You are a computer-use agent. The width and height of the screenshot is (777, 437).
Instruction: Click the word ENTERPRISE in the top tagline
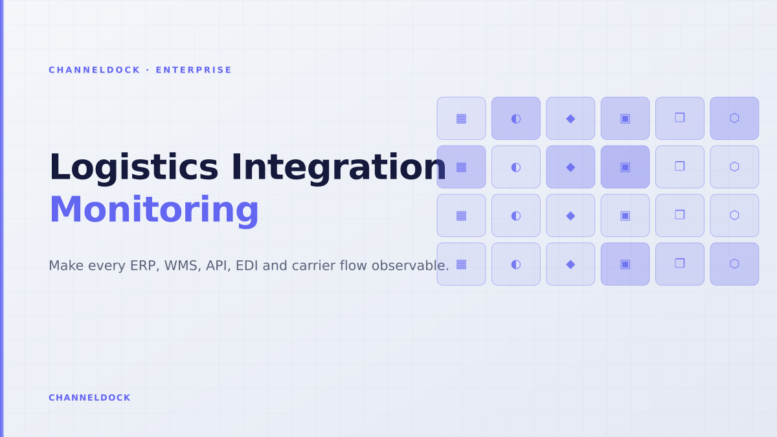point(194,70)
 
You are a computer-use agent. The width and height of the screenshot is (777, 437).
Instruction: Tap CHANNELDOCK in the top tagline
point(95,70)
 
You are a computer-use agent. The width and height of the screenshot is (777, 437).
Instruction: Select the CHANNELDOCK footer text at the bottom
point(89,398)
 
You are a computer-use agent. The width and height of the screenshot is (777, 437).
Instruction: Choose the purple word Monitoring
point(154,210)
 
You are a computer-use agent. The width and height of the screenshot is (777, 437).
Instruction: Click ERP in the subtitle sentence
point(144,266)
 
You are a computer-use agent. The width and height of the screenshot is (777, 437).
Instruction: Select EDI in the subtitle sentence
point(247,266)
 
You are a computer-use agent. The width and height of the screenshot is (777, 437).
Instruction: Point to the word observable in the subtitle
point(410,266)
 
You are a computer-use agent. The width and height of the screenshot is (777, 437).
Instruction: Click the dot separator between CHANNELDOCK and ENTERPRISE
point(148,70)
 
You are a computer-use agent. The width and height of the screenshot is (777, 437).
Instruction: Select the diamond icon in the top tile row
point(570,119)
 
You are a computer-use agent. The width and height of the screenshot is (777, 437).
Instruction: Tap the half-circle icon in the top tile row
point(516,119)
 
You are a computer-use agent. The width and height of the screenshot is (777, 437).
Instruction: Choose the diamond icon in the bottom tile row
point(570,265)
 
